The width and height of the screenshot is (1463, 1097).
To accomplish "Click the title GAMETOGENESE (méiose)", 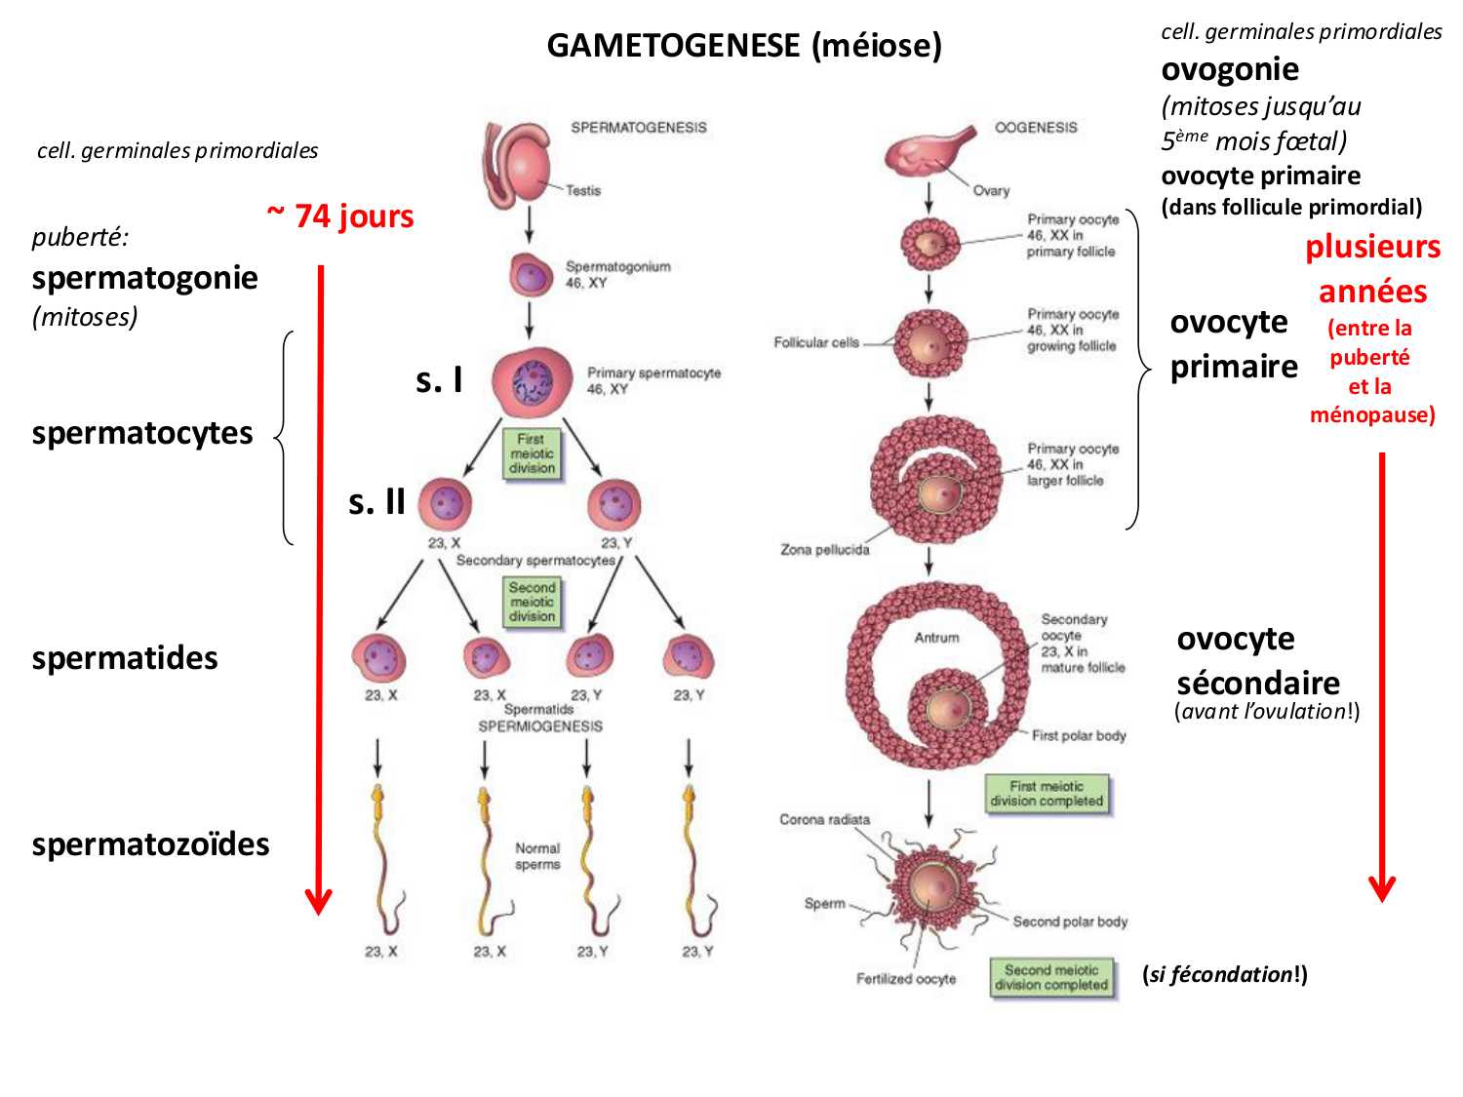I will pos(743,46).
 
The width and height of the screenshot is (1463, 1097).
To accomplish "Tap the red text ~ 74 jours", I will pos(340,215).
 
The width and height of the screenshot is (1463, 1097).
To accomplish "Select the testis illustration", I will pos(517,165).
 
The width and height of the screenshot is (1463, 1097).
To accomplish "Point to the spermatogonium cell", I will pos(531,276).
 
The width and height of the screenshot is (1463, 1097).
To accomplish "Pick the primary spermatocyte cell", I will pos(532,381).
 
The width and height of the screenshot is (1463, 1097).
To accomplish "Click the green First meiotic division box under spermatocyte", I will pos(532,453).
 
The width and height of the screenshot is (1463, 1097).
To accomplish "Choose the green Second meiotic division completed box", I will pos(1050,977).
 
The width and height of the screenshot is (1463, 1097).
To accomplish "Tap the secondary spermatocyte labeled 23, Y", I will pos(614,505).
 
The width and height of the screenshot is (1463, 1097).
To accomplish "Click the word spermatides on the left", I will pos(125,658).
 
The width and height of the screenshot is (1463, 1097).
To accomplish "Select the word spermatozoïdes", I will pos(150,844).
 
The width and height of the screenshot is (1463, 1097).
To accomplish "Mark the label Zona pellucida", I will pos(824,550).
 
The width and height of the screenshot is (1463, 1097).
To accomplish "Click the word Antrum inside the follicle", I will pos(936,638).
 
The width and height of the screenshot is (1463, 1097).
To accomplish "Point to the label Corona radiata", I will pos(824,820).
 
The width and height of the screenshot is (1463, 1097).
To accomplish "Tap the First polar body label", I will pos(1079,736).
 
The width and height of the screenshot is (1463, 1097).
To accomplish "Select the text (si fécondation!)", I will pos(1224,974).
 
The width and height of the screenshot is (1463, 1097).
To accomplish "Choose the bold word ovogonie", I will pos(1230,70).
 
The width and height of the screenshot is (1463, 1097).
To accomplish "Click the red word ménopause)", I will pos(1372,415).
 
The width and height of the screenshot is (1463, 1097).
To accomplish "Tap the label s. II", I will pos(376,502).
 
